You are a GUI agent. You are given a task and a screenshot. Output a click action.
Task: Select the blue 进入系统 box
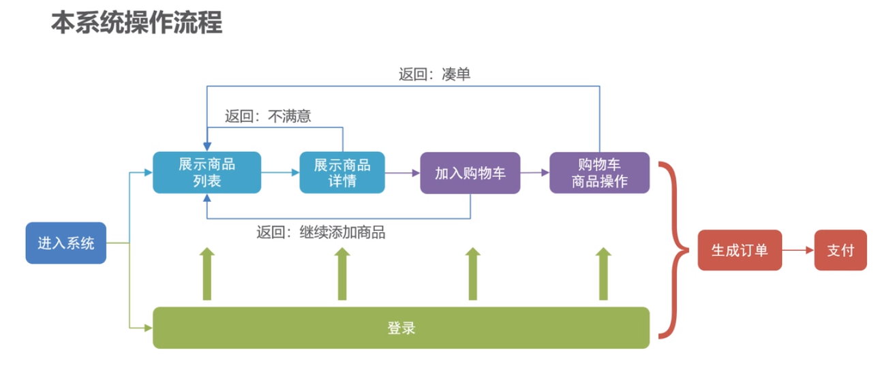tap(66, 243)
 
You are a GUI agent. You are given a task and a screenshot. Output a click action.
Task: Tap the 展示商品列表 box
tap(207, 172)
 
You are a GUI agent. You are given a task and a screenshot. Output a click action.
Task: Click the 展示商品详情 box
tap(342, 172)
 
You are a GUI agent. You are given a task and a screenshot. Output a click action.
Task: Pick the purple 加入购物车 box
tap(470, 172)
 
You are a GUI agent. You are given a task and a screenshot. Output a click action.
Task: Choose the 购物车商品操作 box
tap(599, 172)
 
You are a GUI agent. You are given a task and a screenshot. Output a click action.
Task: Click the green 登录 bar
tap(401, 328)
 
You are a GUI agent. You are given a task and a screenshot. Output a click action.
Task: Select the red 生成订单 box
tap(740, 250)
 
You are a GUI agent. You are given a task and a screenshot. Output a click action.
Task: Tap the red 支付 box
tap(840, 250)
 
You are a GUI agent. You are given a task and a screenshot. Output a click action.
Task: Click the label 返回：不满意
tap(268, 116)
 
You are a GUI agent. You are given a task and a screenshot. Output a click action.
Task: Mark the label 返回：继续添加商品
tap(320, 232)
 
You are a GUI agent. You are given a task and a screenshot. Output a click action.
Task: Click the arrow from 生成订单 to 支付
tap(798, 250)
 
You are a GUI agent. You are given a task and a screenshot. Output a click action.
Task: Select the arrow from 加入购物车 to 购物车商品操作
tap(535, 173)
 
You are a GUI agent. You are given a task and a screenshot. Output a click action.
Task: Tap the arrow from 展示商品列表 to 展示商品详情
tap(280, 173)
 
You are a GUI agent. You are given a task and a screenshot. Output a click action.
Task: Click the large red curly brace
tap(674, 250)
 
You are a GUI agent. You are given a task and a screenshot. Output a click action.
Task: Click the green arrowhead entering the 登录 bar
tap(148, 328)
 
